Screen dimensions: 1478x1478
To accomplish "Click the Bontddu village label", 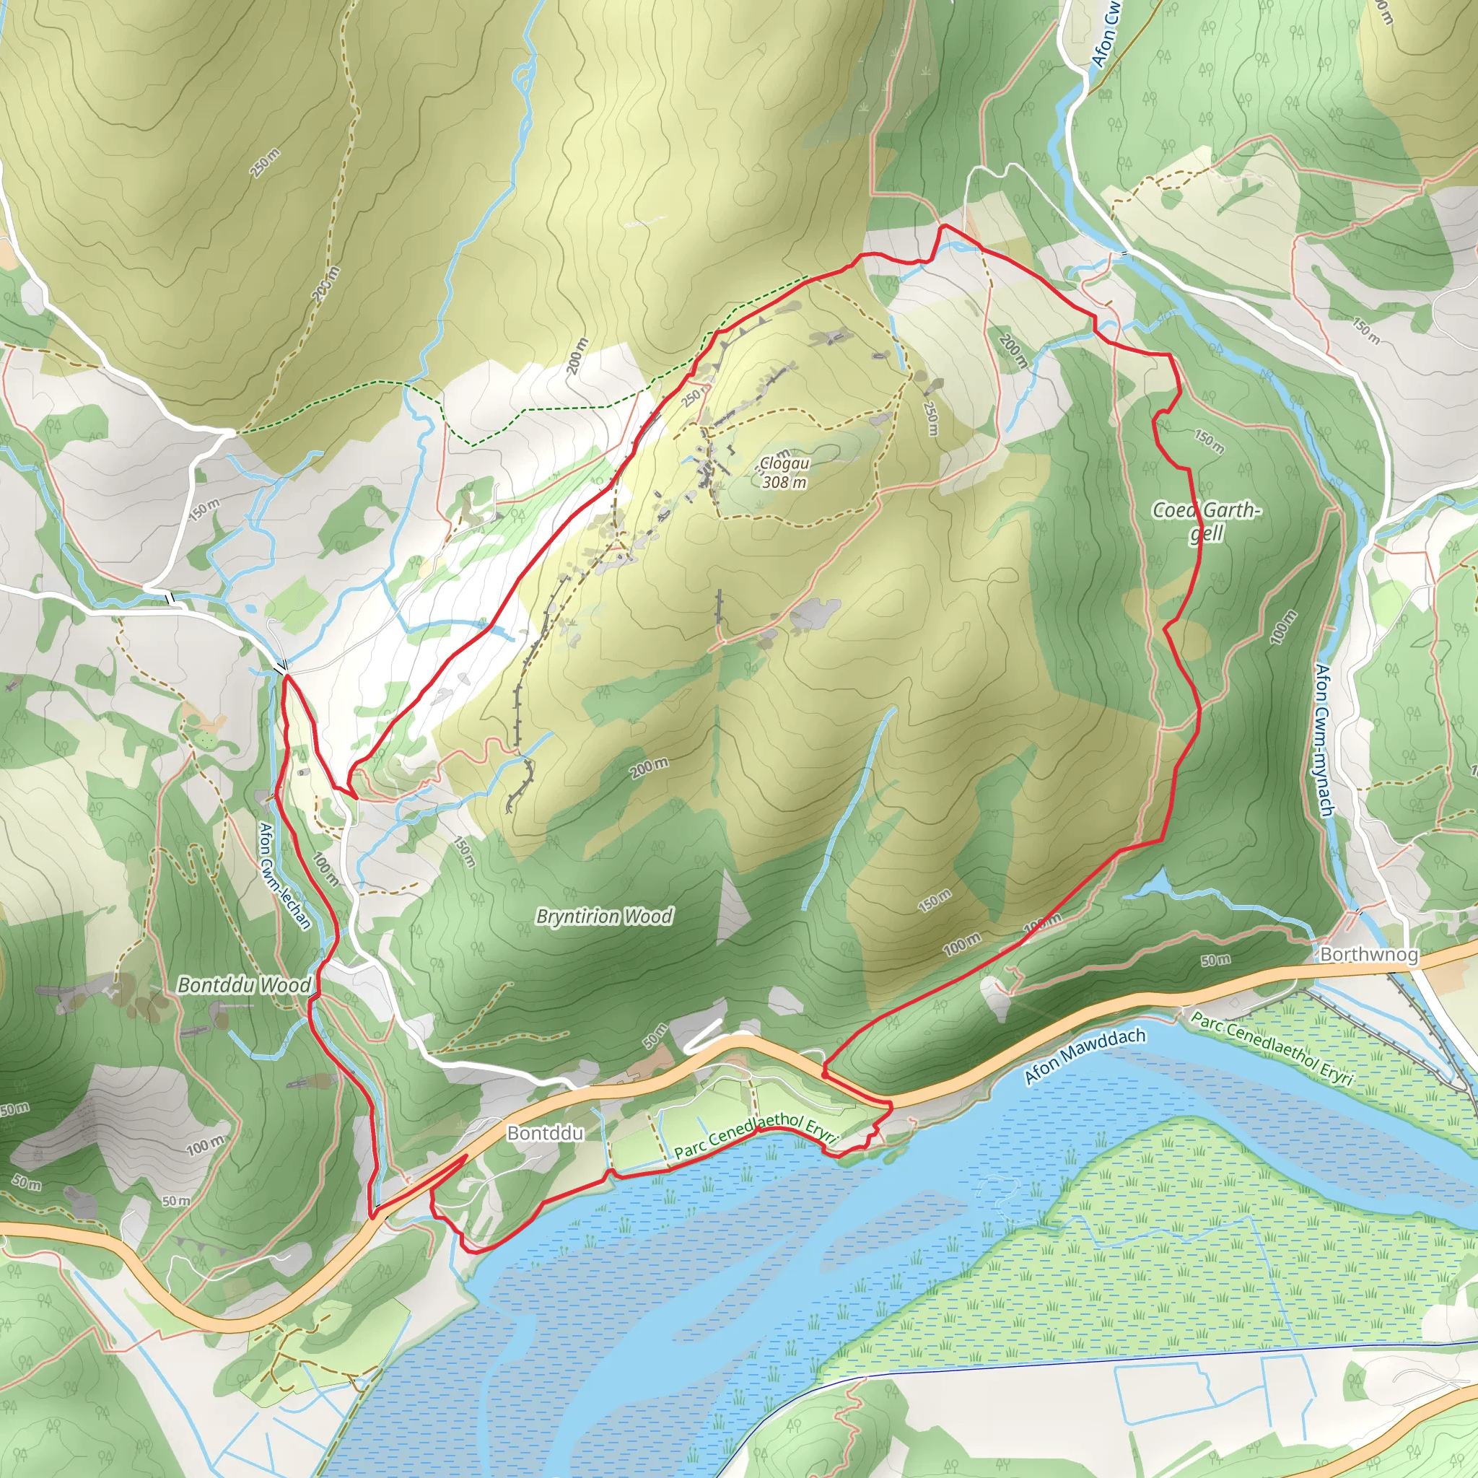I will [545, 1133].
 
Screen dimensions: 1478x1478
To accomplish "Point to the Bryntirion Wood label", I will [604, 916].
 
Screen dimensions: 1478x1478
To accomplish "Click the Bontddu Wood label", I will [244, 984].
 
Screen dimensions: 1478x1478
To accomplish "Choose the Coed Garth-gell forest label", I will [1207, 521].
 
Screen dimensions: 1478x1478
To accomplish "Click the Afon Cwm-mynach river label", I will [1324, 739].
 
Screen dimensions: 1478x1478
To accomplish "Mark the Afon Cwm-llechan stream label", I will [285, 875].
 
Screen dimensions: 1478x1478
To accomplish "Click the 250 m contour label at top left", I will [265, 163].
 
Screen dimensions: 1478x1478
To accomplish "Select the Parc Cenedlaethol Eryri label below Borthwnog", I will [1272, 1047].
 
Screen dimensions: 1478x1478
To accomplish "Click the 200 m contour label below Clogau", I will [649, 767].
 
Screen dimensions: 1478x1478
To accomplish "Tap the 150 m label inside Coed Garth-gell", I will [1209, 441].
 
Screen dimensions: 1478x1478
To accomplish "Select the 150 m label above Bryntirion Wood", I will [463, 852].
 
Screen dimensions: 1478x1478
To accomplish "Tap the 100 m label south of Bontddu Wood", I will [205, 1146].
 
